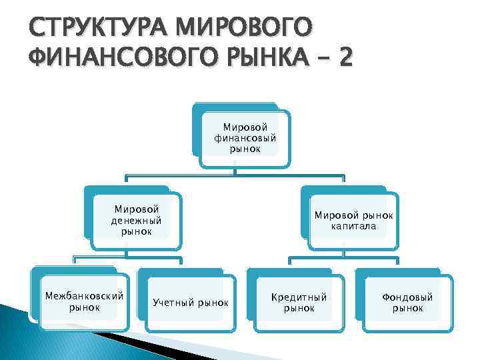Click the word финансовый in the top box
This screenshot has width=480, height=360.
coord(245,138)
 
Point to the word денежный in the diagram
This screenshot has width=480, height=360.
coord(137,221)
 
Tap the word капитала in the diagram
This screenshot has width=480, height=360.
coord(354,226)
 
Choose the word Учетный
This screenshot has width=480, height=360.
coord(173,303)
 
